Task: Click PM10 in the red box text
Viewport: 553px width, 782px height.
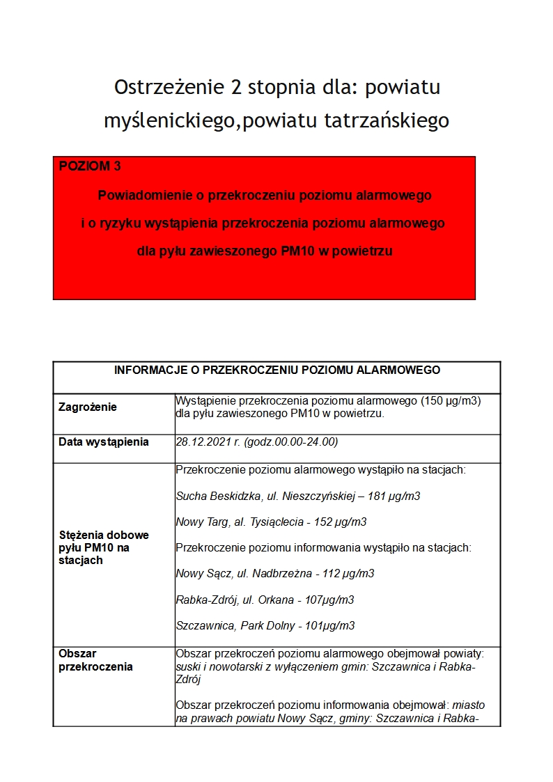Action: pyautogui.click(x=297, y=251)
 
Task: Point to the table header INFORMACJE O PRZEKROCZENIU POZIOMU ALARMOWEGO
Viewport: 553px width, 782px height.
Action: pyautogui.click(x=277, y=370)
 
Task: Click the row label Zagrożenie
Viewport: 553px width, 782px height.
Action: pyautogui.click(x=88, y=407)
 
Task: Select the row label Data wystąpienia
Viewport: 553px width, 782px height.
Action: pyautogui.click(x=104, y=442)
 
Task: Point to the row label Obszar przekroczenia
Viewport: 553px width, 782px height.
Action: pyautogui.click(x=95, y=660)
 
